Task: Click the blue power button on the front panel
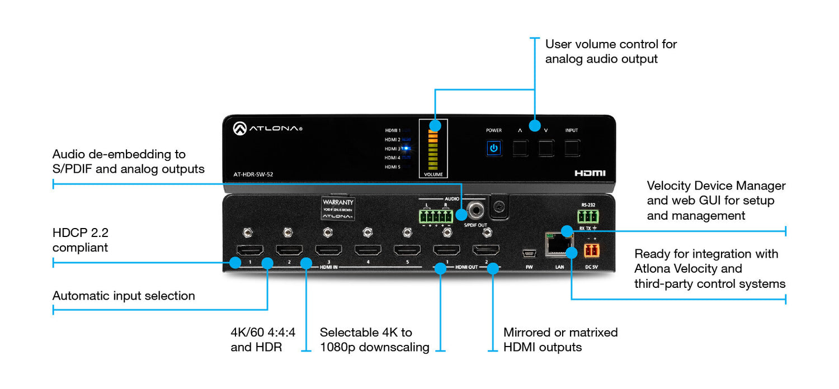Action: coord(493,149)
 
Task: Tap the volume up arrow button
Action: coord(520,148)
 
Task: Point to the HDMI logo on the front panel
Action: coord(590,173)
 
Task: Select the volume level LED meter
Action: coord(433,148)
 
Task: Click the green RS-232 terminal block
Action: coord(588,216)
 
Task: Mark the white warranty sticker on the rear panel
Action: coord(338,208)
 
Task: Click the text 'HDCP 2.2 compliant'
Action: coord(81,240)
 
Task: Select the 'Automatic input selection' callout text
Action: coord(124,296)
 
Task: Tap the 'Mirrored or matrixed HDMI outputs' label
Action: coord(560,340)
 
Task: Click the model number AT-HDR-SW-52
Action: coord(253,174)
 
